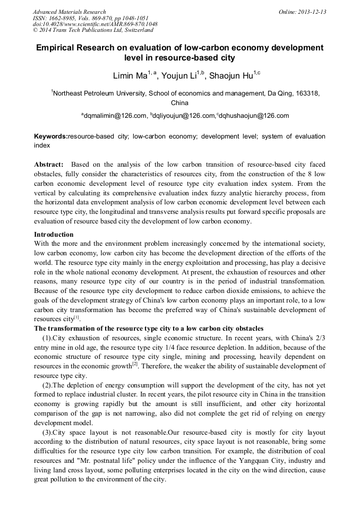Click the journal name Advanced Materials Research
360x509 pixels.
[69, 12]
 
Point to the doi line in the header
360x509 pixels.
[95, 24]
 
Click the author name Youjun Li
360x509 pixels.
[180, 76]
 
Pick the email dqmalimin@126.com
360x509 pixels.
[114, 115]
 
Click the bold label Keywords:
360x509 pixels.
[51, 136]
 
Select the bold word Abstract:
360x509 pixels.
[49, 165]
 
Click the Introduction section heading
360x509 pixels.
[54, 234]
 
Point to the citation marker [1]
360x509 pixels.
[76, 317]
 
